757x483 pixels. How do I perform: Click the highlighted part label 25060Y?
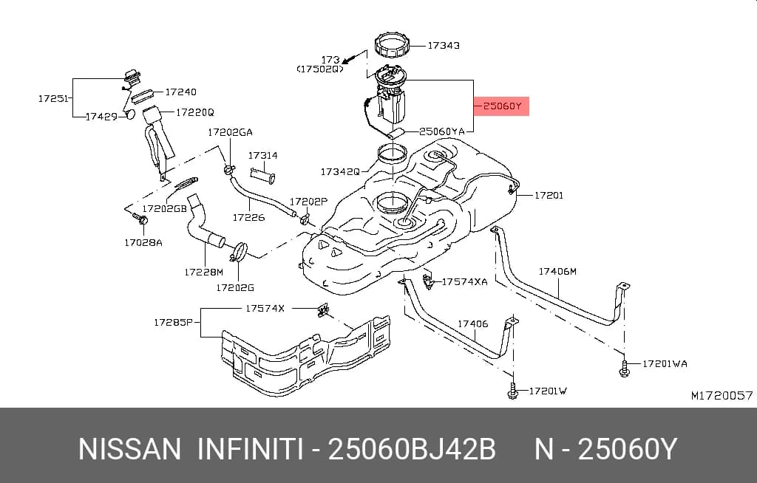pos(502,106)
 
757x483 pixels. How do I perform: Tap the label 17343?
pos(444,45)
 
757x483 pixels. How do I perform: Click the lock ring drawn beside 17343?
pos(393,45)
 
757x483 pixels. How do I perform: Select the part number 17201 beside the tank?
pos(549,196)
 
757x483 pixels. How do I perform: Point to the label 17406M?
pos(557,271)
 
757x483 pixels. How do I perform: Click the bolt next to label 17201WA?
pos(624,369)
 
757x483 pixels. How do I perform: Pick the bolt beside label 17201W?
pos(513,391)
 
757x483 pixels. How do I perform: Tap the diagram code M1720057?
pos(722,396)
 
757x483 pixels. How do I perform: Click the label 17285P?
pos(173,322)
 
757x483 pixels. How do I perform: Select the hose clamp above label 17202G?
pos(239,253)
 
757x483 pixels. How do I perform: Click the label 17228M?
pos(204,272)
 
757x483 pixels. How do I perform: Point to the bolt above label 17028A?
pos(141,220)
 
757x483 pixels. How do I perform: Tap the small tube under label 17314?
pos(262,175)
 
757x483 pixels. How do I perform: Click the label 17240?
pos(180,92)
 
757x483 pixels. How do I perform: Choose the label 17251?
pos(53,98)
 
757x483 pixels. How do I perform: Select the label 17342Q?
pos(340,172)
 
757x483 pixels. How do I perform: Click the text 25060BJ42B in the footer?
pos(412,450)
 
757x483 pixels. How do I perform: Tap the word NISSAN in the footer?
pos(129,450)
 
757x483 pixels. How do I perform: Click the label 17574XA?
pos(464,282)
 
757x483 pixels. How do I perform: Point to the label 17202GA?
pos(231,132)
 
